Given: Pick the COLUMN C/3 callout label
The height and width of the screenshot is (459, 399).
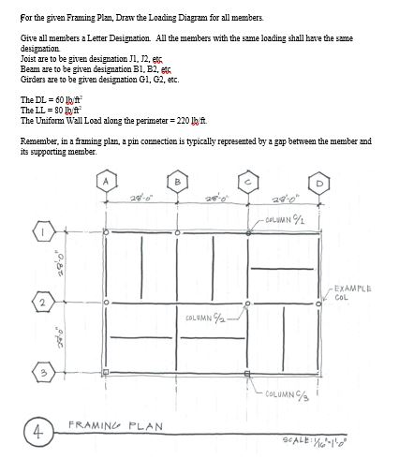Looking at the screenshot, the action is (292, 394).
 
